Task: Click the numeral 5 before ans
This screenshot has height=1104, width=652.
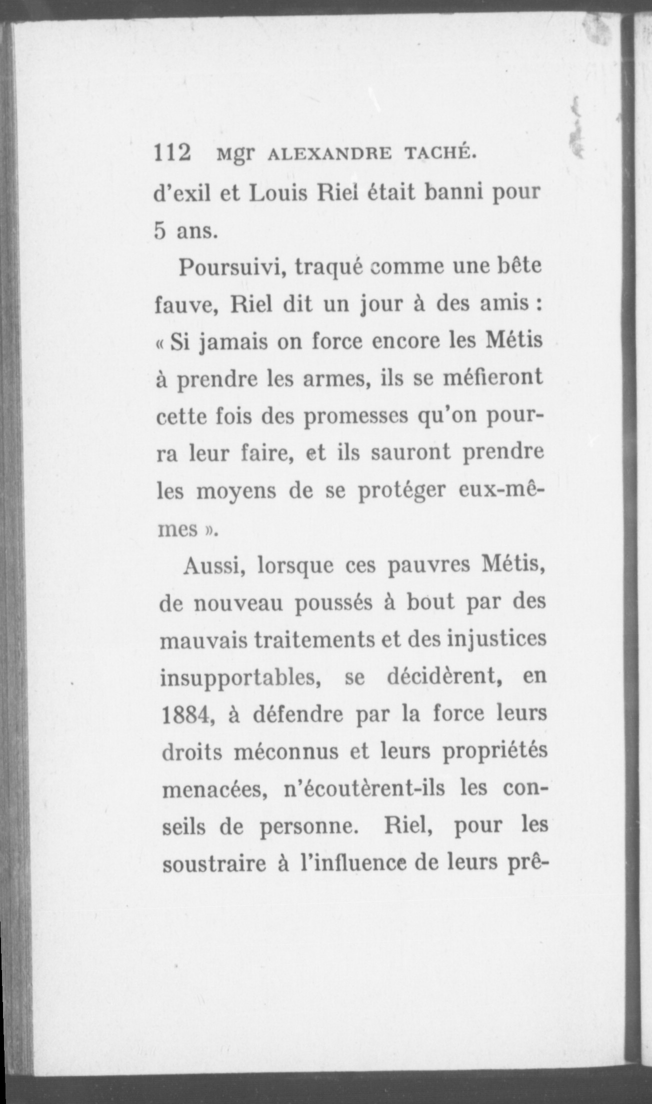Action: [159, 231]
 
